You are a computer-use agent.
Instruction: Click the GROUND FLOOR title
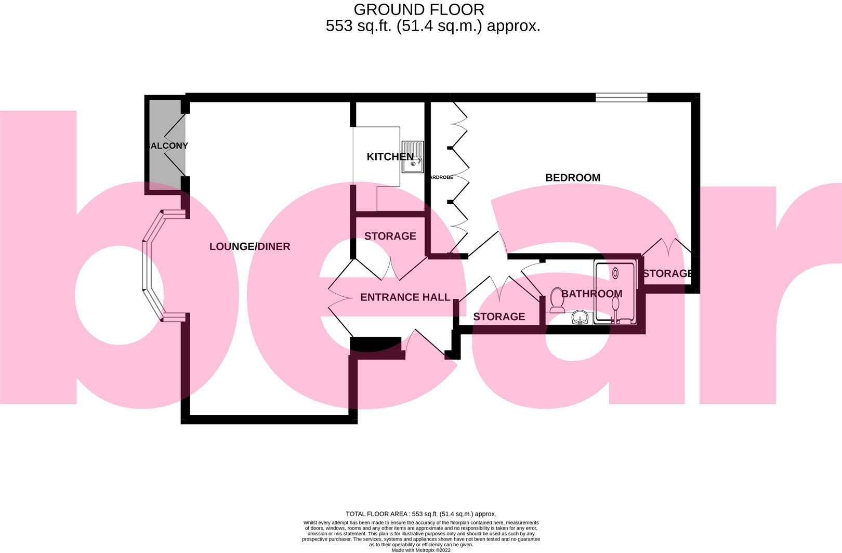[x=418, y=9]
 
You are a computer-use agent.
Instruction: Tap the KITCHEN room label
[x=390, y=156]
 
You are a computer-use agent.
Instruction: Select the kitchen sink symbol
[x=413, y=156]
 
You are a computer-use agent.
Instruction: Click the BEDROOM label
[x=572, y=178]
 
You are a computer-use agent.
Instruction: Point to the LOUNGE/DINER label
[x=249, y=246]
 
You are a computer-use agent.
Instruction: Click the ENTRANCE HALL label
[x=405, y=297]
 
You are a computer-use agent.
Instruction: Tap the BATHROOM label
[x=591, y=294]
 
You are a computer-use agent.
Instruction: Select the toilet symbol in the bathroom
[x=557, y=300]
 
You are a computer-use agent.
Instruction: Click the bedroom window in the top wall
[x=621, y=97]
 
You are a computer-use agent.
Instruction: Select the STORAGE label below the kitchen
[x=390, y=236]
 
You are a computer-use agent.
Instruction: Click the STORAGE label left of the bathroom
[x=498, y=317]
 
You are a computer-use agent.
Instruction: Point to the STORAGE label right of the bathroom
[x=667, y=273]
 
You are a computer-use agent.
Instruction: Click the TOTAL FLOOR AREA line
[x=420, y=514]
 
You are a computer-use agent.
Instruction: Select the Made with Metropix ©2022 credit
[x=420, y=550]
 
